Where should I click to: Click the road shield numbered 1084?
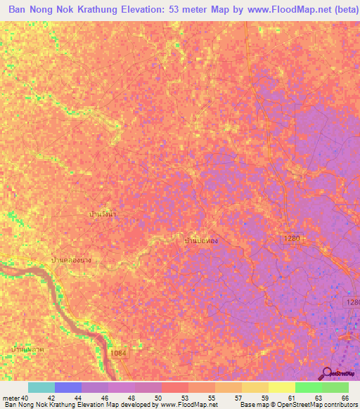click(118, 353)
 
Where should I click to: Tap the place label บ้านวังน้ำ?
click(104, 212)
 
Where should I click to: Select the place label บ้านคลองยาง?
click(71, 260)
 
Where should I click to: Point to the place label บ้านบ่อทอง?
click(200, 241)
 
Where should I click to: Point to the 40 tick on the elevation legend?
click(25, 398)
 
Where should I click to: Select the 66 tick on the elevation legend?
click(345, 398)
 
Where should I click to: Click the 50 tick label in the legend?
click(158, 398)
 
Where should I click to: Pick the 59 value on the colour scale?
click(264, 398)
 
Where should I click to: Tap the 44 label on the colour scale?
click(78, 398)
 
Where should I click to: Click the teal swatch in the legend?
click(41, 387)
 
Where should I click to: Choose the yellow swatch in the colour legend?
click(281, 387)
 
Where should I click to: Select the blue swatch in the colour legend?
click(67, 387)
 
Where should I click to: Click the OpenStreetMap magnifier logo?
click(326, 373)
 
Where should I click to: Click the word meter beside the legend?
click(10, 398)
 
